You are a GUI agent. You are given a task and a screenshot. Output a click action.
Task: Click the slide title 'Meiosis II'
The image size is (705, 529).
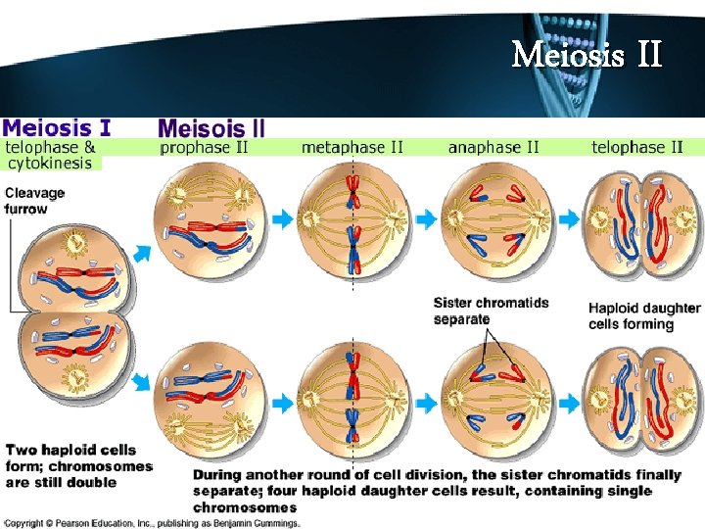(587, 54)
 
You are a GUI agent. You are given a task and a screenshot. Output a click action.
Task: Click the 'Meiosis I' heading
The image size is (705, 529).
(56, 127)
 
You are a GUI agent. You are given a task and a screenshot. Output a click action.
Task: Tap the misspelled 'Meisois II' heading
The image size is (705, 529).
(211, 128)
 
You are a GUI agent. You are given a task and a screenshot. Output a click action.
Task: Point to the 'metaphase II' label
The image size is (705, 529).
(352, 148)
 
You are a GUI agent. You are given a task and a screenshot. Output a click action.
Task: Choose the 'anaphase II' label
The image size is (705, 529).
(493, 148)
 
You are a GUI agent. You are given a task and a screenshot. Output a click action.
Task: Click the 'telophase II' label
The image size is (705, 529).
(637, 148)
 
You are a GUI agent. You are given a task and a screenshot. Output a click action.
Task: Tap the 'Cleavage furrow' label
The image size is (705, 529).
(35, 201)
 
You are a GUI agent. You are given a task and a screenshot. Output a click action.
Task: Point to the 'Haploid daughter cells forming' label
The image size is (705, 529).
(643, 315)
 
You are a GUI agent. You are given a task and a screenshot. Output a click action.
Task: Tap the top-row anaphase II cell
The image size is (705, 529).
(494, 219)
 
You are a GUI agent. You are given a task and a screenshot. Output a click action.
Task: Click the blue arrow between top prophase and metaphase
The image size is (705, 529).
(282, 220)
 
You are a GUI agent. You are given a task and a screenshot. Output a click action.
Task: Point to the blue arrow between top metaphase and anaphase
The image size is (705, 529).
(425, 220)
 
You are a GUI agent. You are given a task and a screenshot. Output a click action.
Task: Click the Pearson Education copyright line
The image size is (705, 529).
(152, 523)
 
